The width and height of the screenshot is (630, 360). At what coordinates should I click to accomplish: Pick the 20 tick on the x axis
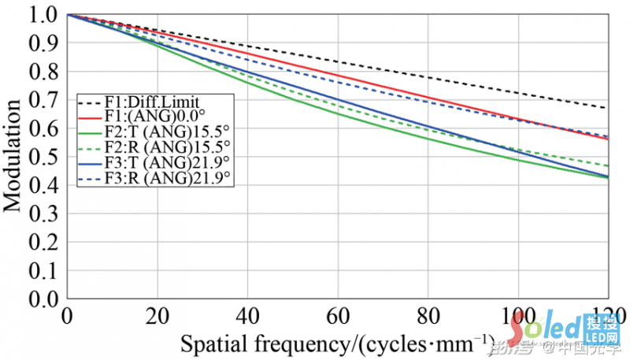[157, 314]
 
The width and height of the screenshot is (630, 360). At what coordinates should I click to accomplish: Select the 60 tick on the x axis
[338, 314]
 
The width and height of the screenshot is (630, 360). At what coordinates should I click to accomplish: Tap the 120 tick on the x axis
[606, 314]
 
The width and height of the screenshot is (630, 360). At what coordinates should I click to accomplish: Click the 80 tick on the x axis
[428, 314]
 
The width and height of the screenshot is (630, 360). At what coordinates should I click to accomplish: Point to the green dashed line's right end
[607, 165]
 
